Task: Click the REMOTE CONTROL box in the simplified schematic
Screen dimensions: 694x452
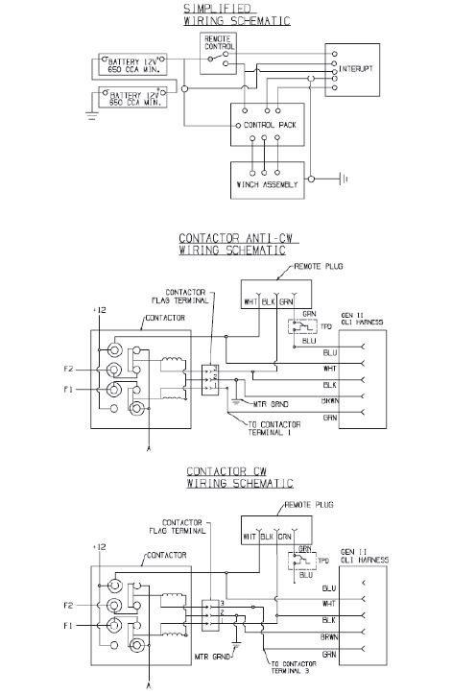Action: [x=217, y=53]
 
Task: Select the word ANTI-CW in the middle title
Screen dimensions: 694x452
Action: [x=253, y=238]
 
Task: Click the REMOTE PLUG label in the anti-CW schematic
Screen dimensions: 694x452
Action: [x=319, y=262]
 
